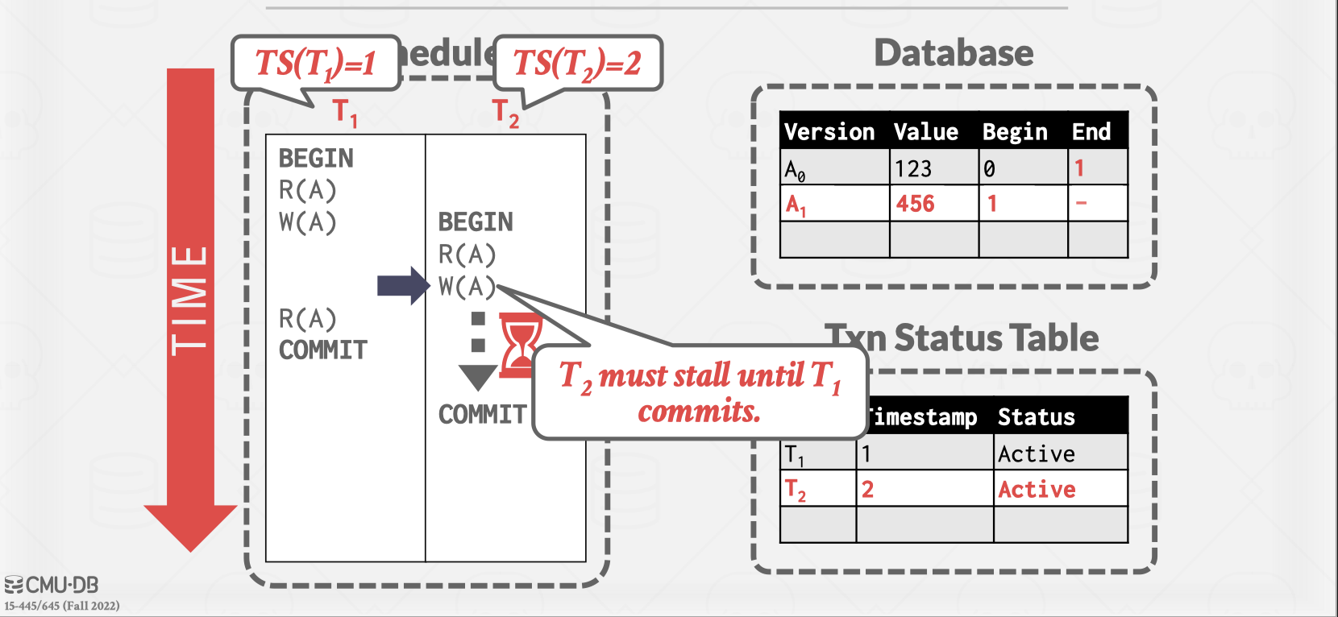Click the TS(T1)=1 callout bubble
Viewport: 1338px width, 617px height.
click(x=315, y=63)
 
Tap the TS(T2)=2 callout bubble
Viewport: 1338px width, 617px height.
click(x=577, y=63)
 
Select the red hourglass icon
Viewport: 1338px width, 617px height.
click(x=520, y=346)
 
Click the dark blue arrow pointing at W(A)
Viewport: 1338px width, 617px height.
click(x=403, y=285)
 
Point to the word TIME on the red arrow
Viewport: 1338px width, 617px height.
click(x=190, y=300)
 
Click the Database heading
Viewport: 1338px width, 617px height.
click(x=954, y=53)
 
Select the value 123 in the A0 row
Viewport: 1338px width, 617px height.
click(x=913, y=168)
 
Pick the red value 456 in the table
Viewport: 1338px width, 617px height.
click(x=916, y=204)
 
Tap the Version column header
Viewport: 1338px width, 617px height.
click(x=829, y=131)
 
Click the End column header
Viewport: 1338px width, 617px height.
click(x=1091, y=131)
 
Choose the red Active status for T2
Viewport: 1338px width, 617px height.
click(x=1037, y=489)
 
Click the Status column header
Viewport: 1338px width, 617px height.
click(x=1036, y=416)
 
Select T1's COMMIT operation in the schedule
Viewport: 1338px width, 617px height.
click(x=323, y=350)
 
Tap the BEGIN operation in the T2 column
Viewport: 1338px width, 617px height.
click(x=476, y=222)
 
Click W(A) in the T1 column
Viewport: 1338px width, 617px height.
click(x=307, y=222)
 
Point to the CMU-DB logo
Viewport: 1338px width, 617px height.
click(x=52, y=585)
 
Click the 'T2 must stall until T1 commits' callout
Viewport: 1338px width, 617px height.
click(x=700, y=392)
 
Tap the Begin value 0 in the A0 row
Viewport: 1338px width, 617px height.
click(x=989, y=168)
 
